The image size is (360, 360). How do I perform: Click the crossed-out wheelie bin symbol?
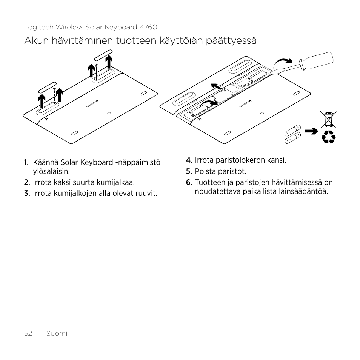[328, 119]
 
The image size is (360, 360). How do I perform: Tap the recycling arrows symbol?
[328, 137]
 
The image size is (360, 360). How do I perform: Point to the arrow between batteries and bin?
[311, 131]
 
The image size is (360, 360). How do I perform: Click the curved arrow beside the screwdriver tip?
[283, 61]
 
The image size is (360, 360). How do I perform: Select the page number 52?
[28, 334]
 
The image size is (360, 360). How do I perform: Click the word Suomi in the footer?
[57, 334]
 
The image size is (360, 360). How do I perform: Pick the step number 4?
[189, 160]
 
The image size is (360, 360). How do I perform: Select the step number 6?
[189, 183]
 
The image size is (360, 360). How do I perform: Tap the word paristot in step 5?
[234, 172]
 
